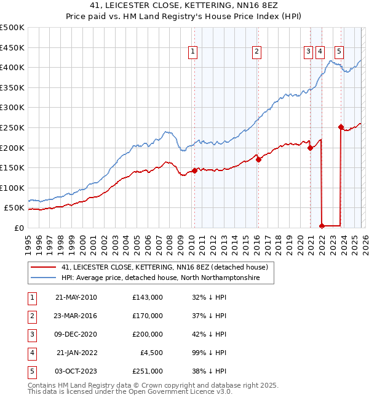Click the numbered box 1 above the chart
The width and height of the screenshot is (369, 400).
tap(193, 52)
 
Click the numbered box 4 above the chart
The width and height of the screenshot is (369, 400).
tap(320, 52)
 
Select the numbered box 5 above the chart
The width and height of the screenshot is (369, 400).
tap(339, 52)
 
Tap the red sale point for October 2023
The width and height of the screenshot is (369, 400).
tap(341, 127)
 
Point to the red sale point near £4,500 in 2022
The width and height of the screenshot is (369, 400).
tap(322, 226)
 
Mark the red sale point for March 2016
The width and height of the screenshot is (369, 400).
tap(258, 159)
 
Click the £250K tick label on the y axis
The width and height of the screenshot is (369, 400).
tap(12, 127)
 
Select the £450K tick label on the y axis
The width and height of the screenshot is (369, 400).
tap(12, 47)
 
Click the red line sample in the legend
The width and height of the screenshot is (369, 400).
tap(42, 268)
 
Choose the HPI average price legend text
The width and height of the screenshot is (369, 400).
tap(161, 278)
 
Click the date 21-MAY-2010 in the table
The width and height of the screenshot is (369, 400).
tap(76, 297)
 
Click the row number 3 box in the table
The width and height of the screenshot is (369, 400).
tap(31, 334)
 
